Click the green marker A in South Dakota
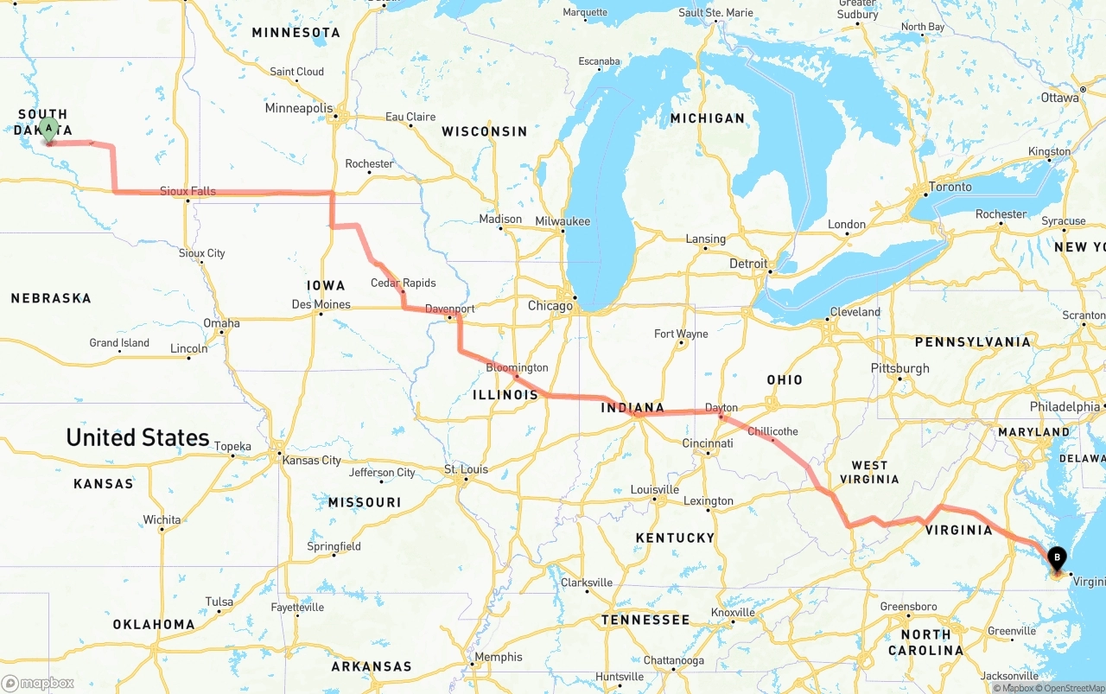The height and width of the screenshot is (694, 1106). point(49,130)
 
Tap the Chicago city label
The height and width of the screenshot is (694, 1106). point(550,306)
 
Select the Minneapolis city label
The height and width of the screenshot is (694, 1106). point(299,109)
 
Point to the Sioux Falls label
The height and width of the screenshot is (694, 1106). point(188,191)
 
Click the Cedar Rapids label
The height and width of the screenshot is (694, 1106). point(404,283)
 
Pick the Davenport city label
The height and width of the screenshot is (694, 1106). point(449,309)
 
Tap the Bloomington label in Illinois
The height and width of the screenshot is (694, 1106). point(517,367)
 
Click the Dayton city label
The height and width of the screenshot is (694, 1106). point(721,407)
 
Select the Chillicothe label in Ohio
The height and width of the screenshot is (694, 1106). point(772,431)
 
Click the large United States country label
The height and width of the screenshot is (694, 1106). point(137,437)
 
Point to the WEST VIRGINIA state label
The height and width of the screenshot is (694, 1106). point(869,472)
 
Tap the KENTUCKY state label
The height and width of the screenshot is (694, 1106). point(675,538)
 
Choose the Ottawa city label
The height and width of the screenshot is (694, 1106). point(1059,98)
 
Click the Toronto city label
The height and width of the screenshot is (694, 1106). point(950,187)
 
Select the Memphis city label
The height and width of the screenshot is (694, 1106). point(499,657)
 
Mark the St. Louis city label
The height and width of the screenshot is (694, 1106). point(466,469)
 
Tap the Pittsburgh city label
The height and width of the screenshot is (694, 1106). point(900,368)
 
